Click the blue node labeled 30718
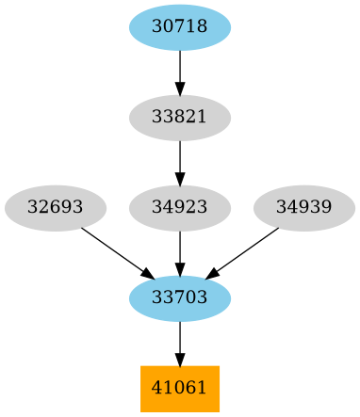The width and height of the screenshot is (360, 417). click(x=180, y=27)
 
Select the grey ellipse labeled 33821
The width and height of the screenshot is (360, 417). click(x=180, y=118)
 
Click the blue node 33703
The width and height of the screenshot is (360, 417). click(x=180, y=298)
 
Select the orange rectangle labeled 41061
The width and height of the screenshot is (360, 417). click(x=180, y=389)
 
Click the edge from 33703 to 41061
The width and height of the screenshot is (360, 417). click(x=180, y=339)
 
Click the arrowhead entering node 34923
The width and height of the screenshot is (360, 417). click(x=180, y=178)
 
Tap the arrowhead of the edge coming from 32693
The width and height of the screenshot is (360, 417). click(x=146, y=273)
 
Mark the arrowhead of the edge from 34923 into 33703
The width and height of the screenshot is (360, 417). click(x=180, y=268)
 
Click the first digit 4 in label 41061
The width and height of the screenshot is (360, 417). click(x=156, y=389)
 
